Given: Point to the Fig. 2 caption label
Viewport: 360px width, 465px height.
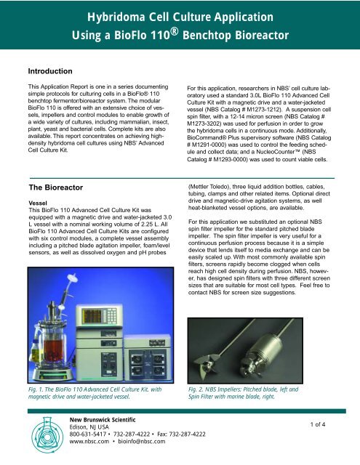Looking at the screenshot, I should [x=198, y=390].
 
